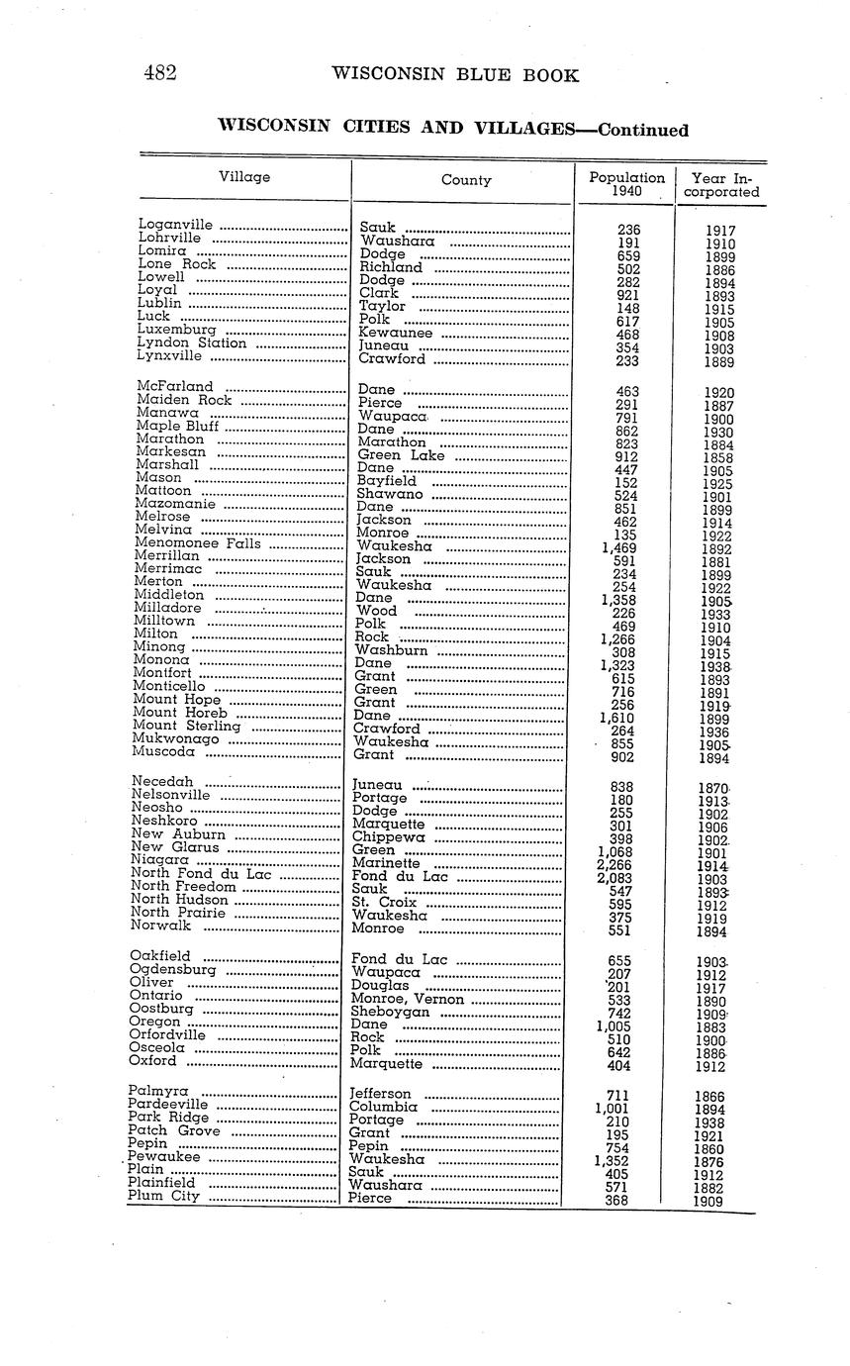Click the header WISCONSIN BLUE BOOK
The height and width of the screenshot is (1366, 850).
[455, 75]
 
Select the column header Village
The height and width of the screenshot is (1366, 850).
[244, 177]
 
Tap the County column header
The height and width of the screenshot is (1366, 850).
[466, 180]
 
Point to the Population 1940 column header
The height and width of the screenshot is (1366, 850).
[626, 184]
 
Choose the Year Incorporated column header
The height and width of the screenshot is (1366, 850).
[721, 185]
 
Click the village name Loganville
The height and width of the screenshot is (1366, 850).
[176, 225]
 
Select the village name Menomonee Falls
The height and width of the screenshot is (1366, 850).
[198, 542]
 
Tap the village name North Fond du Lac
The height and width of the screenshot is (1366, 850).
[201, 874]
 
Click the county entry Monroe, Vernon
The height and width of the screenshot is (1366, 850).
[407, 1000]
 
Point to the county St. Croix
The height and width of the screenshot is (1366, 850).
[384, 903]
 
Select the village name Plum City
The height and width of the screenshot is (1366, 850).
[163, 1196]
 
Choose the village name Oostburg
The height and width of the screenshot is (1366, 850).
[161, 1009]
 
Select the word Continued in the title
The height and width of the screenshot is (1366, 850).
[643, 130]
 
